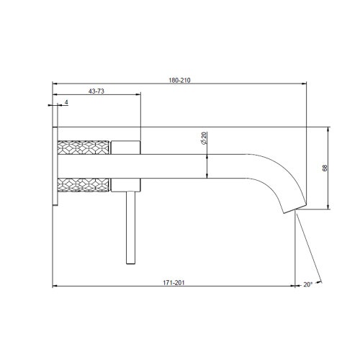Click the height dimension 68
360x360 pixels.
(x=325, y=168)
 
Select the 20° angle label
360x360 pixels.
(x=307, y=284)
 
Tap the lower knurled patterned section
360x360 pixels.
(x=83, y=184)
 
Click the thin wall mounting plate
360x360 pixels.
(x=55, y=166)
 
